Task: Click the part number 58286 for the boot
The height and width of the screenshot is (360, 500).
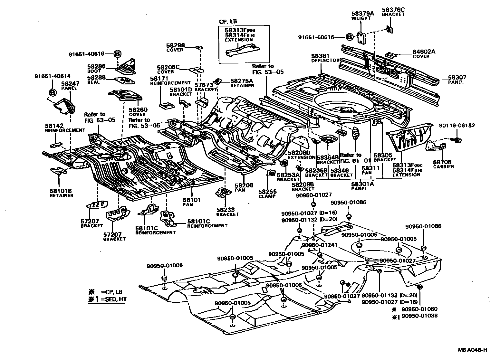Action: pyautogui.click(x=96, y=66)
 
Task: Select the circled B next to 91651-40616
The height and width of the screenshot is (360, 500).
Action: pyautogui.click(x=117, y=54)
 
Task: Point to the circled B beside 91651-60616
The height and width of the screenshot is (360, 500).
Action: pyautogui.click(x=350, y=37)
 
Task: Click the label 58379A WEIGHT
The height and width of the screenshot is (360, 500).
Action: pyautogui.click(x=362, y=15)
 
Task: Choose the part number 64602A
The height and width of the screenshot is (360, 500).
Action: pyautogui.click(x=424, y=52)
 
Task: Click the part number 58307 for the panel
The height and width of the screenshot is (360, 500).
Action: pyautogui.click(x=457, y=77)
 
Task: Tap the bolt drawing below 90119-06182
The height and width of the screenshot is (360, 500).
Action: pyautogui.click(x=456, y=140)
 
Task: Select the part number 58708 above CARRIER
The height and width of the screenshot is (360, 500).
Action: pyautogui.click(x=442, y=162)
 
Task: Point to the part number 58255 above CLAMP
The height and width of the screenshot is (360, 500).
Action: pyautogui.click(x=267, y=192)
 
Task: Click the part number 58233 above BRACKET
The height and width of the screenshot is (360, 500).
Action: pyautogui.click(x=226, y=210)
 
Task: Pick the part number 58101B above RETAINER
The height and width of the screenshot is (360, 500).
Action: pyautogui.click(x=61, y=191)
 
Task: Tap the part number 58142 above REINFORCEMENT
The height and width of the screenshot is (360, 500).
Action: pyautogui.click(x=54, y=126)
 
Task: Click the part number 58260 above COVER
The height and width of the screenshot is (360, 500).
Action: pyautogui.click(x=138, y=110)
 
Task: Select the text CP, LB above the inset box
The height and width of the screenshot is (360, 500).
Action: pyautogui.click(x=228, y=22)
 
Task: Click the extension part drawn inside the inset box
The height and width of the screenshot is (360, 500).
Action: pyautogui.click(x=242, y=50)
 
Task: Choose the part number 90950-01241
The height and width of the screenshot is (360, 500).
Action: pyautogui.click(x=319, y=245)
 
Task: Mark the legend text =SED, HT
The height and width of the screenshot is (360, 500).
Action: pyautogui.click(x=114, y=299)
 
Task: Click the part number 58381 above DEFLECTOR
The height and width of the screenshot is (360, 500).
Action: pyautogui.click(x=320, y=56)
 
